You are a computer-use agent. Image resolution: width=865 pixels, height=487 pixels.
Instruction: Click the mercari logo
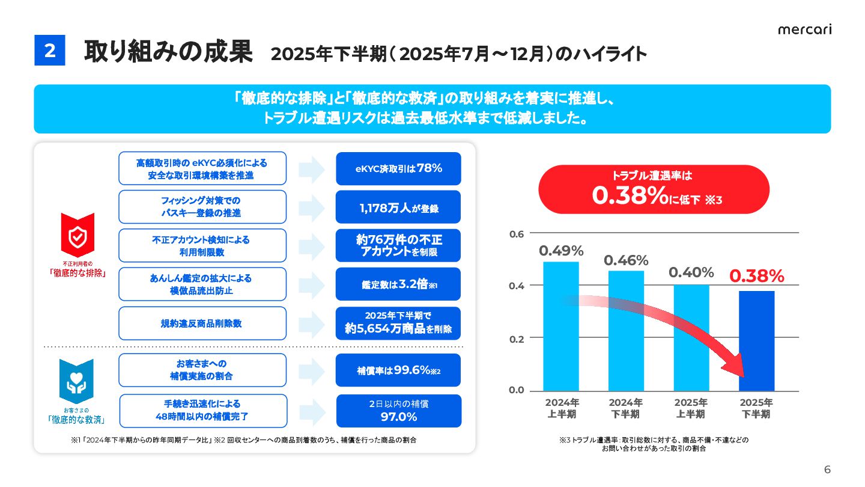point(804,30)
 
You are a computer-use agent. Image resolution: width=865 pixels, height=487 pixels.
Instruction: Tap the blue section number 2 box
point(49,51)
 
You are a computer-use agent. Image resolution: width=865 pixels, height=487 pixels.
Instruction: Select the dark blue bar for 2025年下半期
point(756,340)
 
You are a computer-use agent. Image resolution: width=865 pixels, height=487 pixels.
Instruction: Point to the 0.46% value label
point(626,261)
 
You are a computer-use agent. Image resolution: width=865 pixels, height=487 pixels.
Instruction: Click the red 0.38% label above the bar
point(756,276)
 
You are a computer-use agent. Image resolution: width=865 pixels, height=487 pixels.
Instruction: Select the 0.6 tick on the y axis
point(517,233)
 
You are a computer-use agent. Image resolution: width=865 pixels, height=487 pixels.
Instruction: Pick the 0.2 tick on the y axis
point(517,338)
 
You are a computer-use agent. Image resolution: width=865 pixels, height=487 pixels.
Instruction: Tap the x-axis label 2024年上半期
point(562,408)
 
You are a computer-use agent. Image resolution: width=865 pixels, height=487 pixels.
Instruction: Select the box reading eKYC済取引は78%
point(398,168)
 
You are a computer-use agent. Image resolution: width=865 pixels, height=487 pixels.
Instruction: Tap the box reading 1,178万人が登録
point(398,207)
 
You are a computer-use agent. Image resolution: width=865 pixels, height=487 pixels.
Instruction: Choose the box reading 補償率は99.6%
point(398,370)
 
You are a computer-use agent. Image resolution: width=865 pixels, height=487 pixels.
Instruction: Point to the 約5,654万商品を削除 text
point(398,329)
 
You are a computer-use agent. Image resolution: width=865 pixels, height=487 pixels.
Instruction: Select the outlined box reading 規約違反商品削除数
point(202,323)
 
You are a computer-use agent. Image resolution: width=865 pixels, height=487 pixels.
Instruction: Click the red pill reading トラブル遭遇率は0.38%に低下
point(654,189)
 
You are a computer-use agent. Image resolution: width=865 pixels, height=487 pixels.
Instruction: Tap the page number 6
point(827,470)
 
